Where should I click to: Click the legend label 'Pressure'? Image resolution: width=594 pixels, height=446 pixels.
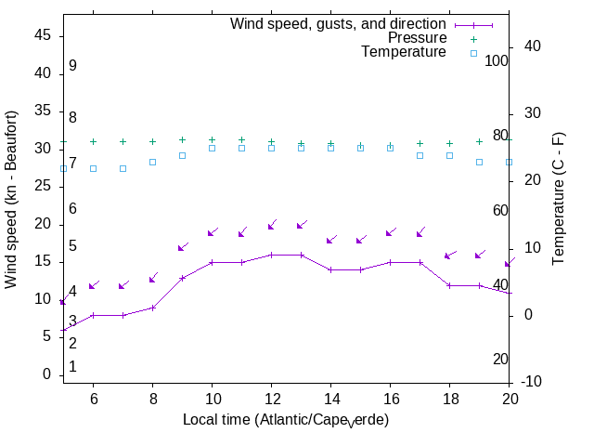point(417,38)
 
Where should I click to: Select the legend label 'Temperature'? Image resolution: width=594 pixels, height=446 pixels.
point(404,52)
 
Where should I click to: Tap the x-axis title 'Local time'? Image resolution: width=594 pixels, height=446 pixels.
point(285,420)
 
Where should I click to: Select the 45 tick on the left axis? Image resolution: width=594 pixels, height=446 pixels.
point(42,35)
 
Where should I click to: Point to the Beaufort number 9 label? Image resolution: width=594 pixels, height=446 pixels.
point(72,66)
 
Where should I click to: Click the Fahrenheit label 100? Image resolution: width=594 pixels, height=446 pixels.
point(497,60)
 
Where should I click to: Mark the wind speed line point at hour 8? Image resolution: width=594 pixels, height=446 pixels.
point(152,308)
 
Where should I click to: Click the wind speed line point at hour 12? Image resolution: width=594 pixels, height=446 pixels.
point(271,255)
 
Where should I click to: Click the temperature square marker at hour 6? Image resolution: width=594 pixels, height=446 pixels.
point(93,168)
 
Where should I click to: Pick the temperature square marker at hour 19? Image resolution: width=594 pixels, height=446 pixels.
point(479,162)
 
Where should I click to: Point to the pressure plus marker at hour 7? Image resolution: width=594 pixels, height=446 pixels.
point(123,142)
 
